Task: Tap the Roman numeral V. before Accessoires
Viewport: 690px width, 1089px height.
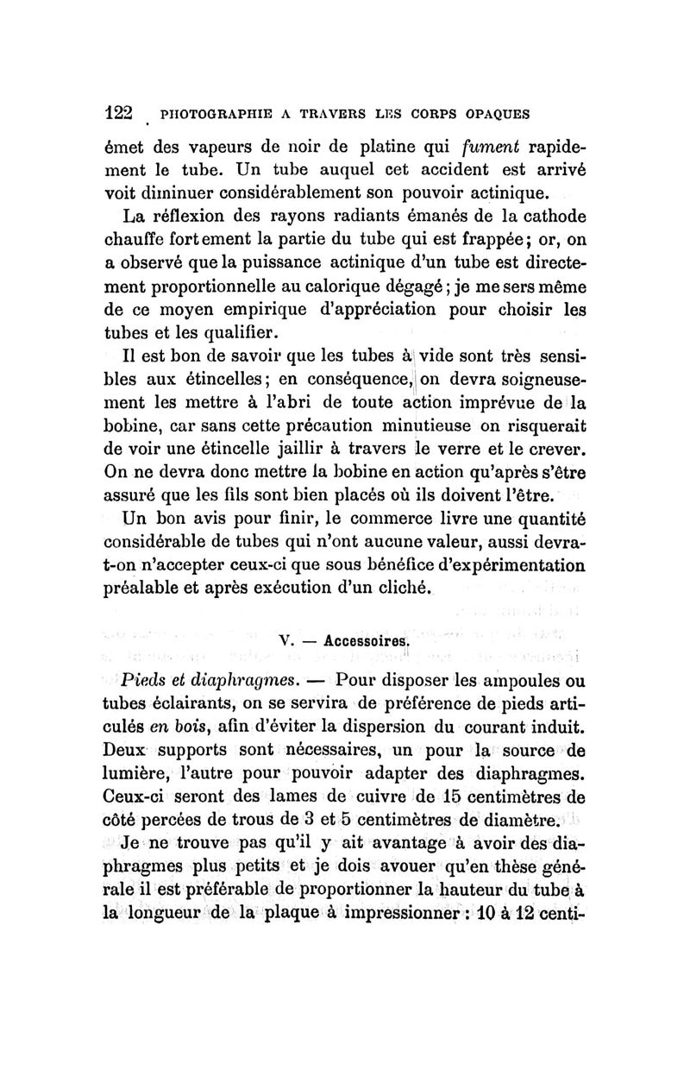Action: click(x=287, y=641)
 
